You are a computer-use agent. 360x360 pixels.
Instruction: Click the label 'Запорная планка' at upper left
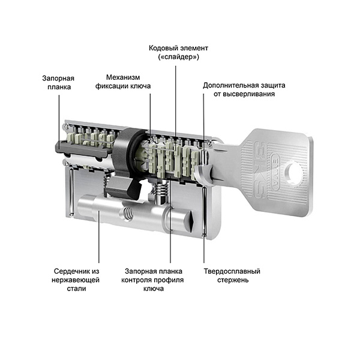click(58, 82)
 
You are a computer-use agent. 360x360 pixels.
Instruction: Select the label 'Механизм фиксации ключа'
click(123, 82)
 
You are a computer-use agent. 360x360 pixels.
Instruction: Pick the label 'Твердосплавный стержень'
click(231, 275)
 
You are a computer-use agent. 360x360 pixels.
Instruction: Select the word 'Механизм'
click(123, 77)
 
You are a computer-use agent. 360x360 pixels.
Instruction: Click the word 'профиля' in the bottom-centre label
click(169, 280)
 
